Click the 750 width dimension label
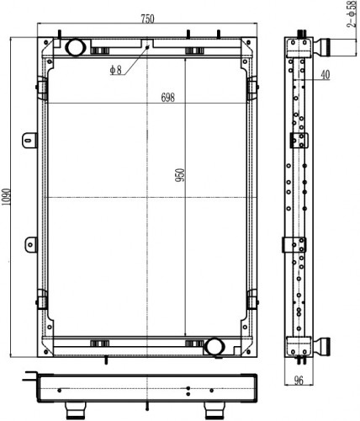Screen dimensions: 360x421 coord(147,19)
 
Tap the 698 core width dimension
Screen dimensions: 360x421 coord(168,97)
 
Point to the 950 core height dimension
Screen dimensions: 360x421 coord(180,175)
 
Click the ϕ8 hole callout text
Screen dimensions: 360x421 coord(116,70)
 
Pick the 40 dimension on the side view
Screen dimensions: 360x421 coord(325,75)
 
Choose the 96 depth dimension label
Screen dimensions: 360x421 coord(299,380)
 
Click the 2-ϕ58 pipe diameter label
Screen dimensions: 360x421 coord(352,14)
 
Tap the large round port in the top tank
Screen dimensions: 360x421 coord(76,47)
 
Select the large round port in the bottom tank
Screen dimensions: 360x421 coord(214,347)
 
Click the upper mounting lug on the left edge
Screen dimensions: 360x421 coord(29,140)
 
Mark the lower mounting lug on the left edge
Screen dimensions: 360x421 coord(31,245)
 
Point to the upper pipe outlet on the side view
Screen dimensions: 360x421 coord(321,48)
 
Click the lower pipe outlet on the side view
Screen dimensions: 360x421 coord(321,347)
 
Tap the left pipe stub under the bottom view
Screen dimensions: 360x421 coord(75,410)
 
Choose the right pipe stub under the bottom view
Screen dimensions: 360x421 coord(214,410)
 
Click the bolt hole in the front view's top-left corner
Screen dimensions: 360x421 coord(45,42)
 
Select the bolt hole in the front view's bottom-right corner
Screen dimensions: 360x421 coord(248,351)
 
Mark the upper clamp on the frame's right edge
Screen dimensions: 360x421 coord(252,88)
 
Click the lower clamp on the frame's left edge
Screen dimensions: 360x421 coord(42,299)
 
